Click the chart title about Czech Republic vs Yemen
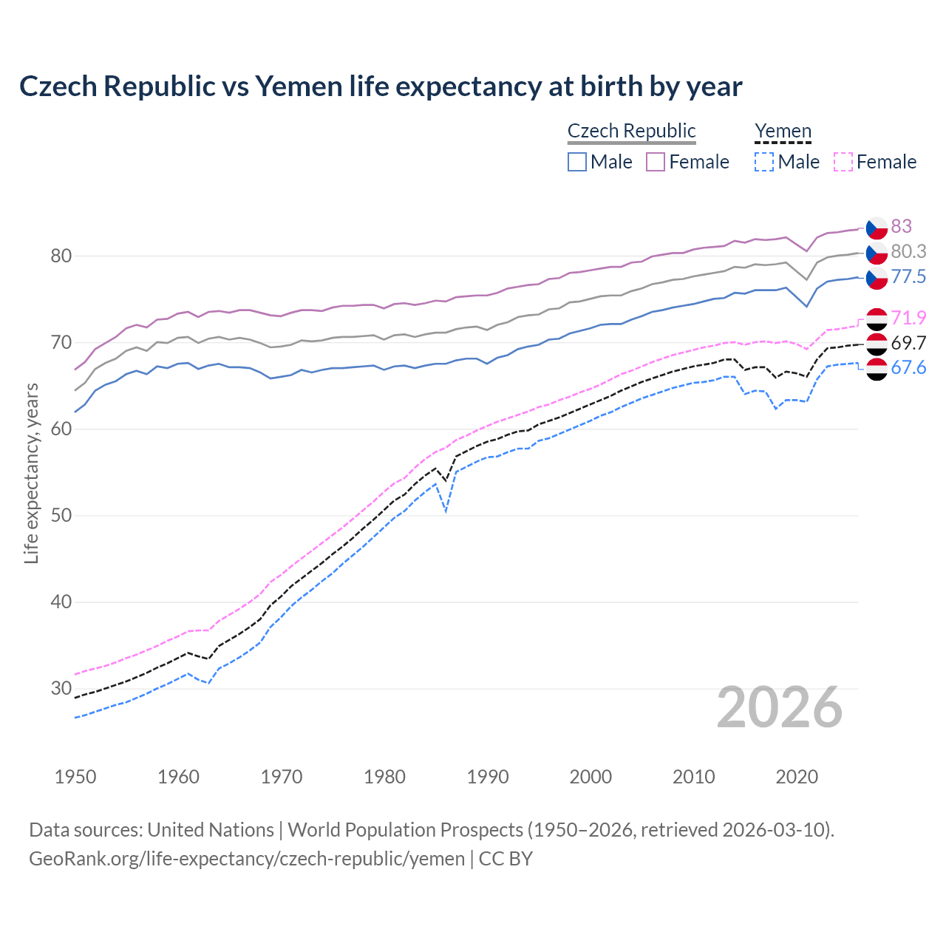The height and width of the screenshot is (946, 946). coord(381,86)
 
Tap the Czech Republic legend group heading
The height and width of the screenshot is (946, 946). coord(631,131)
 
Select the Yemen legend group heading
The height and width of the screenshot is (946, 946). coord(783,131)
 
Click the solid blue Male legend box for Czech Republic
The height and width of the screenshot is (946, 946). coord(577,162)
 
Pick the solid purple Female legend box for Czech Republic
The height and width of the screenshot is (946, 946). coord(656,162)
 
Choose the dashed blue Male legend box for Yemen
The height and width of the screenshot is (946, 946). coord(764,162)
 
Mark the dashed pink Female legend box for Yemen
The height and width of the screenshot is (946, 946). coord(843,162)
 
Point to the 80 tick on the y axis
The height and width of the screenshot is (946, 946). coord(61,256)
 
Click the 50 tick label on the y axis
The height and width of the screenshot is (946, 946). coord(61,516)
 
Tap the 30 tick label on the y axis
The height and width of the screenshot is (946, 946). coord(61,689)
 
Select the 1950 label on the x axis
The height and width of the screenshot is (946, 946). coord(75,777)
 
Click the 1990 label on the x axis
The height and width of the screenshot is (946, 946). coord(488,777)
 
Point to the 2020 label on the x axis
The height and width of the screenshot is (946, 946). coord(797,777)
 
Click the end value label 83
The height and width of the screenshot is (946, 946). coord(901,226)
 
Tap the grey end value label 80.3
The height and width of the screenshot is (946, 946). coord(908,252)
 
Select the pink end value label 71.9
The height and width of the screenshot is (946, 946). coord(908,319)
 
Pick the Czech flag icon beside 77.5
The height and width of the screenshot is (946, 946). coord(877,278)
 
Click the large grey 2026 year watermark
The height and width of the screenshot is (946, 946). coord(779,707)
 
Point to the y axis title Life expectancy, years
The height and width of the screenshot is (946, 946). coord(31,473)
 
